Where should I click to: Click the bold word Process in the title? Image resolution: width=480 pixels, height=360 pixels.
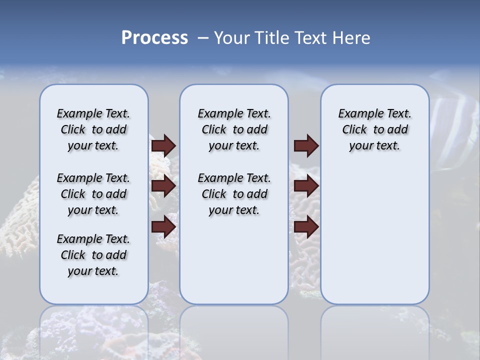point(154,38)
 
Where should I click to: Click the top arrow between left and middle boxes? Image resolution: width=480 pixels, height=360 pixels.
point(163,145)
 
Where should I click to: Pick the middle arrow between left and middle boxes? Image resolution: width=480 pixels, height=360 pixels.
point(163,186)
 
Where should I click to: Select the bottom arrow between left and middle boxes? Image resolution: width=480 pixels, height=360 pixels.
point(163,227)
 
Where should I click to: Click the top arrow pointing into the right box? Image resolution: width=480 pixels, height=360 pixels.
point(306,145)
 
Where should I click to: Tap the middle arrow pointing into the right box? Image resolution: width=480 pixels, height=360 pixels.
point(306,186)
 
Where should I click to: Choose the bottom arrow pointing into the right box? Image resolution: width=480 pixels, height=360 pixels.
point(306,227)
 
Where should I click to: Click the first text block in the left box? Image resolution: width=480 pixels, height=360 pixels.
point(93,129)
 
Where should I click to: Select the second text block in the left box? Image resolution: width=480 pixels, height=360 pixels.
point(93,194)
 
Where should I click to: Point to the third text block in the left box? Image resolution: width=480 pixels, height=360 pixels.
point(93,255)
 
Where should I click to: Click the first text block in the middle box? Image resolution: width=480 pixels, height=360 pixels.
point(234,129)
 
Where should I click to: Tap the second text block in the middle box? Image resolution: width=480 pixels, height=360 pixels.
point(234,194)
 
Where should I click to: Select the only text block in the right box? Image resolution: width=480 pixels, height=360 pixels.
point(374,129)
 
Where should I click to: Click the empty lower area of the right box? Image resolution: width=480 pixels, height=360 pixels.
point(374,235)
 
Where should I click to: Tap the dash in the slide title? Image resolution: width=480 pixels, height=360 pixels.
point(203,38)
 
